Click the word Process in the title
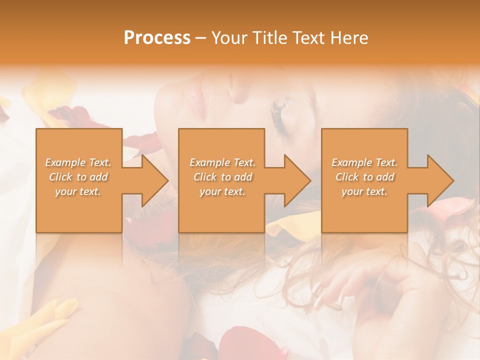(x=157, y=38)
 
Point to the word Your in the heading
(x=229, y=38)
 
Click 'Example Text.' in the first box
(x=78, y=162)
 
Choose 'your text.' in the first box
(x=78, y=191)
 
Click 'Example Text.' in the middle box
(x=222, y=162)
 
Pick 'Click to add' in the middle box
(x=222, y=177)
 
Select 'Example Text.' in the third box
(x=364, y=162)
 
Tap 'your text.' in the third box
(x=364, y=191)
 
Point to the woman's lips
(x=198, y=95)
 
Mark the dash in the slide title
(x=201, y=38)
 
